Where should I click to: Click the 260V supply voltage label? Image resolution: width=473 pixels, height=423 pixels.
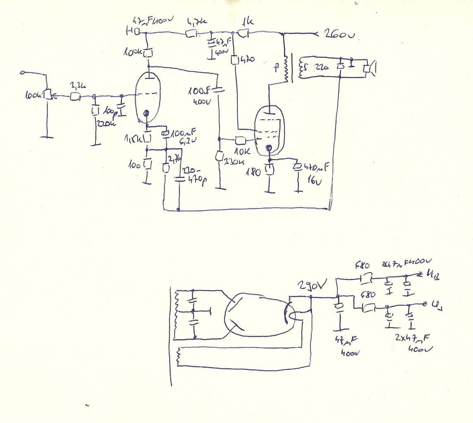(x=337, y=35)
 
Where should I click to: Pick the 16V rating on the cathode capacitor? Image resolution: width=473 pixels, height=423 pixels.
(x=314, y=180)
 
